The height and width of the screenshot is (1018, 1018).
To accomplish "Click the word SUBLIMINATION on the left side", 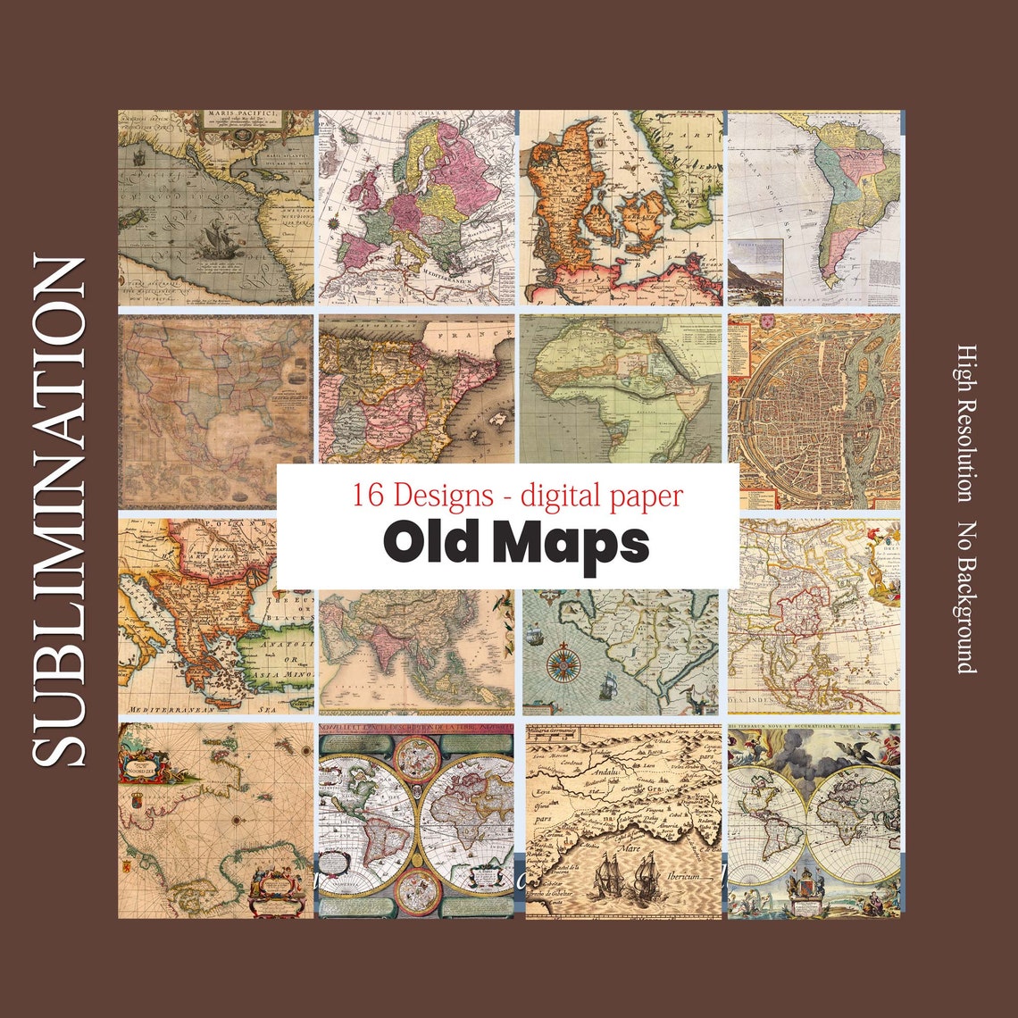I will pos(60,511).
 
